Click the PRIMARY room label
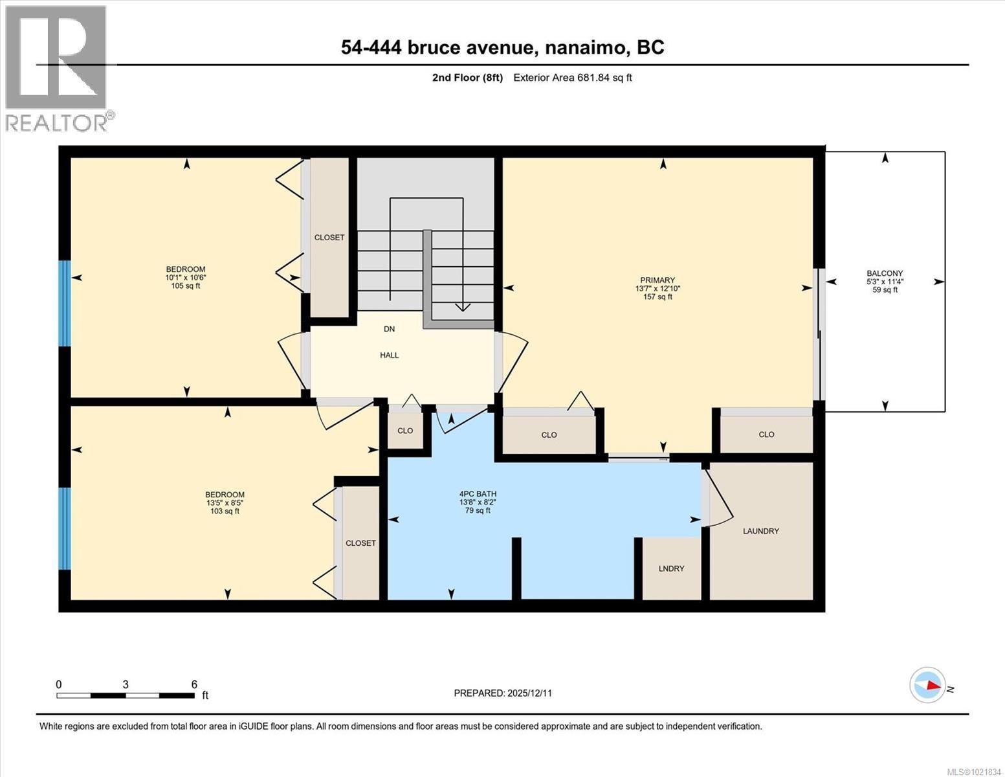657,280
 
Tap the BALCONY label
885,273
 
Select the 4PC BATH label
478,494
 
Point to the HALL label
389,355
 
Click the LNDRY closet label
671,569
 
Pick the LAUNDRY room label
761,531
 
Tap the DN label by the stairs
389,329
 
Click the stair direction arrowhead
463,307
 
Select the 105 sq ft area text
186,286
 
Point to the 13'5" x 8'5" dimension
225,502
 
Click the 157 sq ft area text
657,297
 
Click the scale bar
126,695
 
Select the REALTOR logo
56,69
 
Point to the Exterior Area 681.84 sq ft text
573,78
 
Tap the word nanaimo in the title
585,48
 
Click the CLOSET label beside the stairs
329,238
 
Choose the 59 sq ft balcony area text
885,290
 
